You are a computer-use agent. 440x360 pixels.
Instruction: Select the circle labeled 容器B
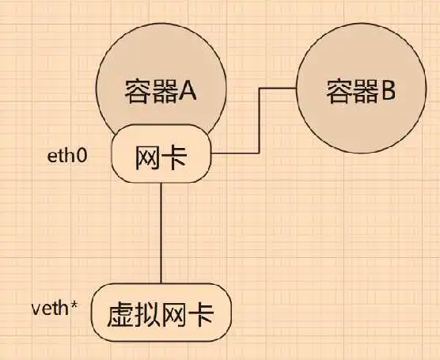(x=362, y=88)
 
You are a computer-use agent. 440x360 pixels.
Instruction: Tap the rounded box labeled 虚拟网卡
(x=161, y=313)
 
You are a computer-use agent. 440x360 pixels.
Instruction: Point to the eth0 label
(x=67, y=156)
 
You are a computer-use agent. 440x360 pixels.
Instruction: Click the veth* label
(x=55, y=309)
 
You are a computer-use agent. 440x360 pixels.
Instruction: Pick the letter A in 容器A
(x=188, y=91)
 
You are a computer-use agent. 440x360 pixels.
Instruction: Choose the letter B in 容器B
(x=387, y=91)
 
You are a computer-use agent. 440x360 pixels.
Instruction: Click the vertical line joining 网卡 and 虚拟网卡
(x=161, y=233)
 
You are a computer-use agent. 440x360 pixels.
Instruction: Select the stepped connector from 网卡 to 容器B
(x=259, y=120)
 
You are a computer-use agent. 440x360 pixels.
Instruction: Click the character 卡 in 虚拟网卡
(x=201, y=315)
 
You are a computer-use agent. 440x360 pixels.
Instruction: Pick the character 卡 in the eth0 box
(x=174, y=157)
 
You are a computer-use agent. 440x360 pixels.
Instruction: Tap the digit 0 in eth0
(x=82, y=157)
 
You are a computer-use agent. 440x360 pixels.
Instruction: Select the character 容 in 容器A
(x=138, y=91)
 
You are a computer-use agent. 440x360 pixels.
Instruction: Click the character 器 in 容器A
(x=164, y=91)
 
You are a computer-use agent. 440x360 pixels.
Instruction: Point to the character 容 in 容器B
(x=339, y=91)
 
